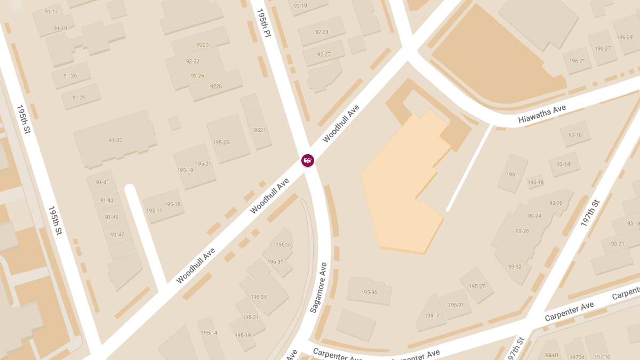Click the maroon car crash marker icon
pos(308,160)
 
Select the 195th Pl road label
pos(264,22)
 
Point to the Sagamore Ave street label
pos(318,287)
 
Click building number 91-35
pos(115,141)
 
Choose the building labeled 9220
pos(203,45)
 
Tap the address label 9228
pos(216,86)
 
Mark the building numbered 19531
pos(258,130)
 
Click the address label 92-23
pos(322,32)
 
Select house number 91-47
pos(117,235)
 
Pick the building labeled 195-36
pos(369,292)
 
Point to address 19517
pos(432,316)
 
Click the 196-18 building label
pos(535,182)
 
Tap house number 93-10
pos(575,135)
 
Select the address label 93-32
pos(515,267)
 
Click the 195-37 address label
pos(284,245)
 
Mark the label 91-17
pos(51,12)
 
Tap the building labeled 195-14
pos(209,333)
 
